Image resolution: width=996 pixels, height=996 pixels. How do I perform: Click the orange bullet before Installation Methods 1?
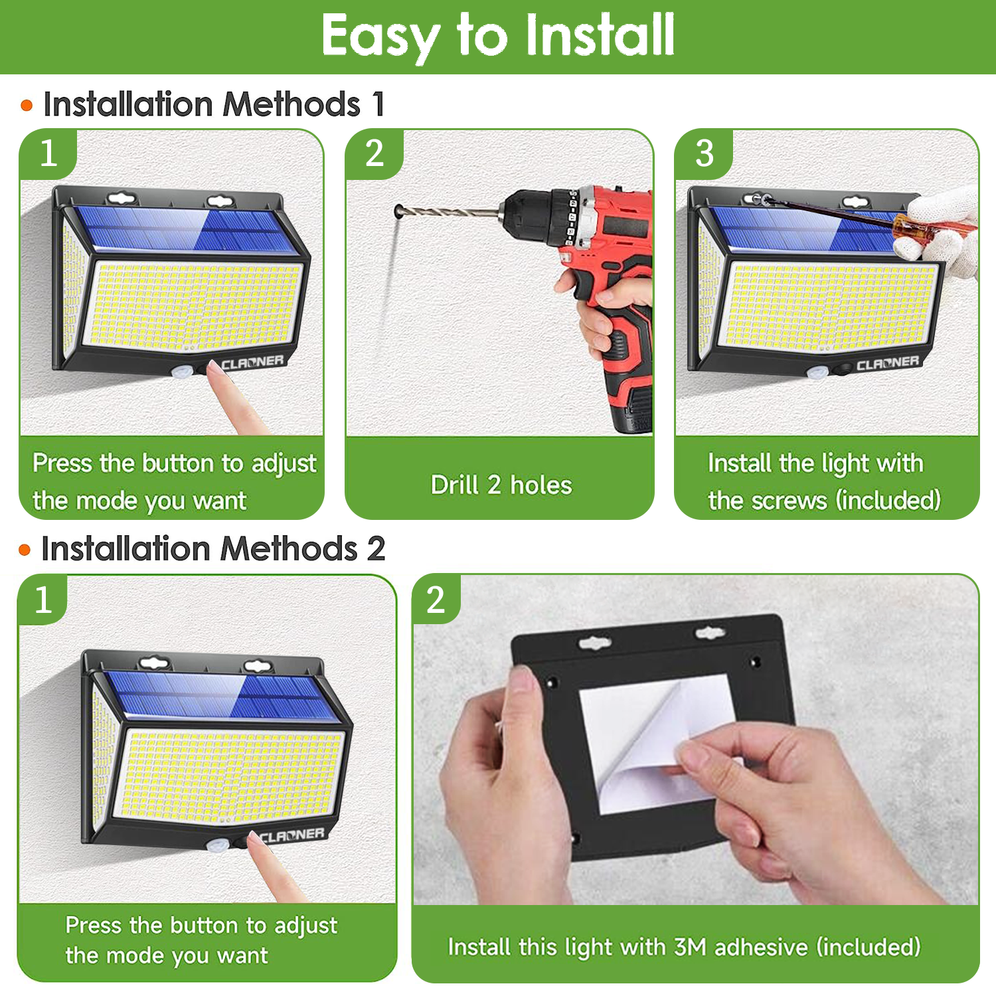[27, 106]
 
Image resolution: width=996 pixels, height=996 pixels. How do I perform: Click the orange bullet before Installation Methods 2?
[25, 550]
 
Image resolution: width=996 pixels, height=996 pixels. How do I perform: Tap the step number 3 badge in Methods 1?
[705, 154]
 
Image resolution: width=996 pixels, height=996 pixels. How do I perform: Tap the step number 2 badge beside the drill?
[374, 154]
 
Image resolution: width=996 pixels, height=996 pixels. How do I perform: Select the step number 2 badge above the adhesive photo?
[436, 600]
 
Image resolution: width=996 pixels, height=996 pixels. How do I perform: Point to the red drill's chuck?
[531, 212]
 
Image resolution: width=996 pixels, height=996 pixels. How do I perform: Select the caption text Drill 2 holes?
[501, 485]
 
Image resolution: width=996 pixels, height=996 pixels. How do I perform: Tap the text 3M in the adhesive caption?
[690, 947]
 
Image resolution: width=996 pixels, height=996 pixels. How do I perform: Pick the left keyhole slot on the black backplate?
[594, 643]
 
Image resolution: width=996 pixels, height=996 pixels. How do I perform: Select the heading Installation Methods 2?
[212, 549]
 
